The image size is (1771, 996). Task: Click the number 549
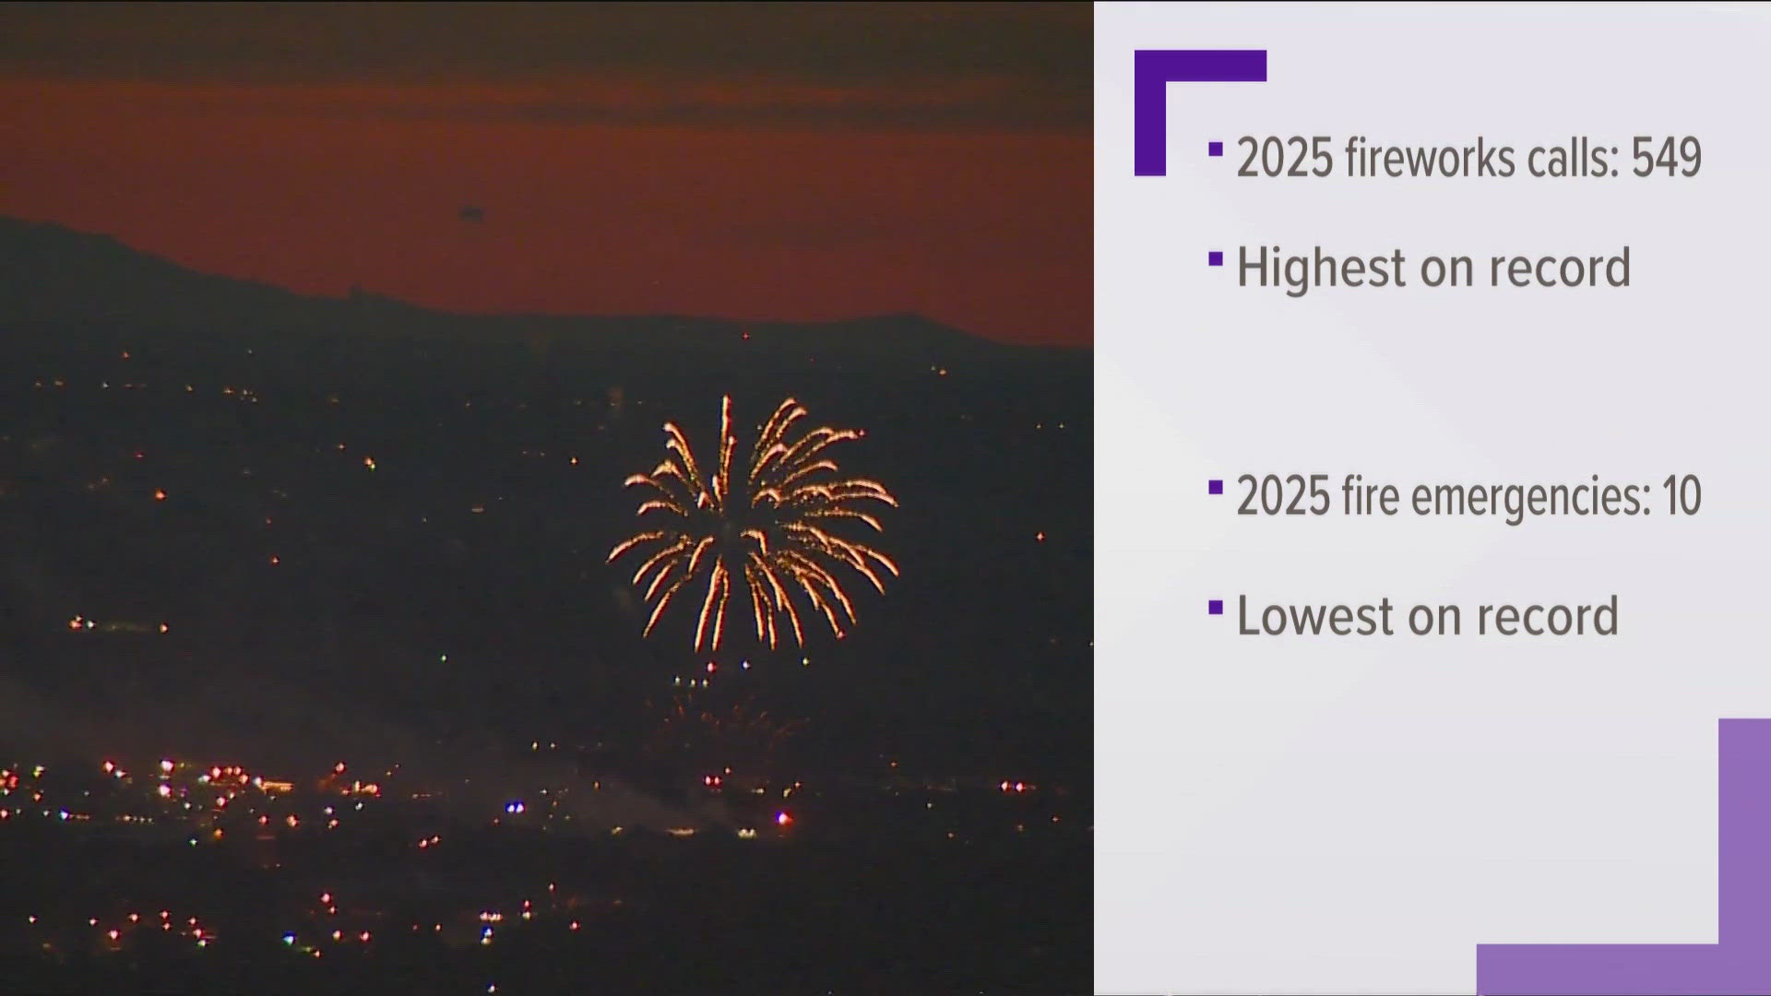[x=1666, y=158]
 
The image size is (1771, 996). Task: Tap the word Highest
[x=1321, y=268]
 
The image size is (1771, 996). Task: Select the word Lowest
[x=1313, y=616]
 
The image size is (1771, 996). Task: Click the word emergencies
[x=1531, y=498]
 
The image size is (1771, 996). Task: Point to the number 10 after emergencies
[x=1682, y=496]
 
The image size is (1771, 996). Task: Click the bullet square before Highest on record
[x=1216, y=258]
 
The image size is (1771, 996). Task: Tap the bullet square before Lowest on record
[x=1216, y=607]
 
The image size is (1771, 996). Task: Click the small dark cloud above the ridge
[x=471, y=213]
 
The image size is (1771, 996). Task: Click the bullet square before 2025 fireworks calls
[x=1216, y=148]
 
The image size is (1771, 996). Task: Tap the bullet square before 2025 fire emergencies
[x=1216, y=487]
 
